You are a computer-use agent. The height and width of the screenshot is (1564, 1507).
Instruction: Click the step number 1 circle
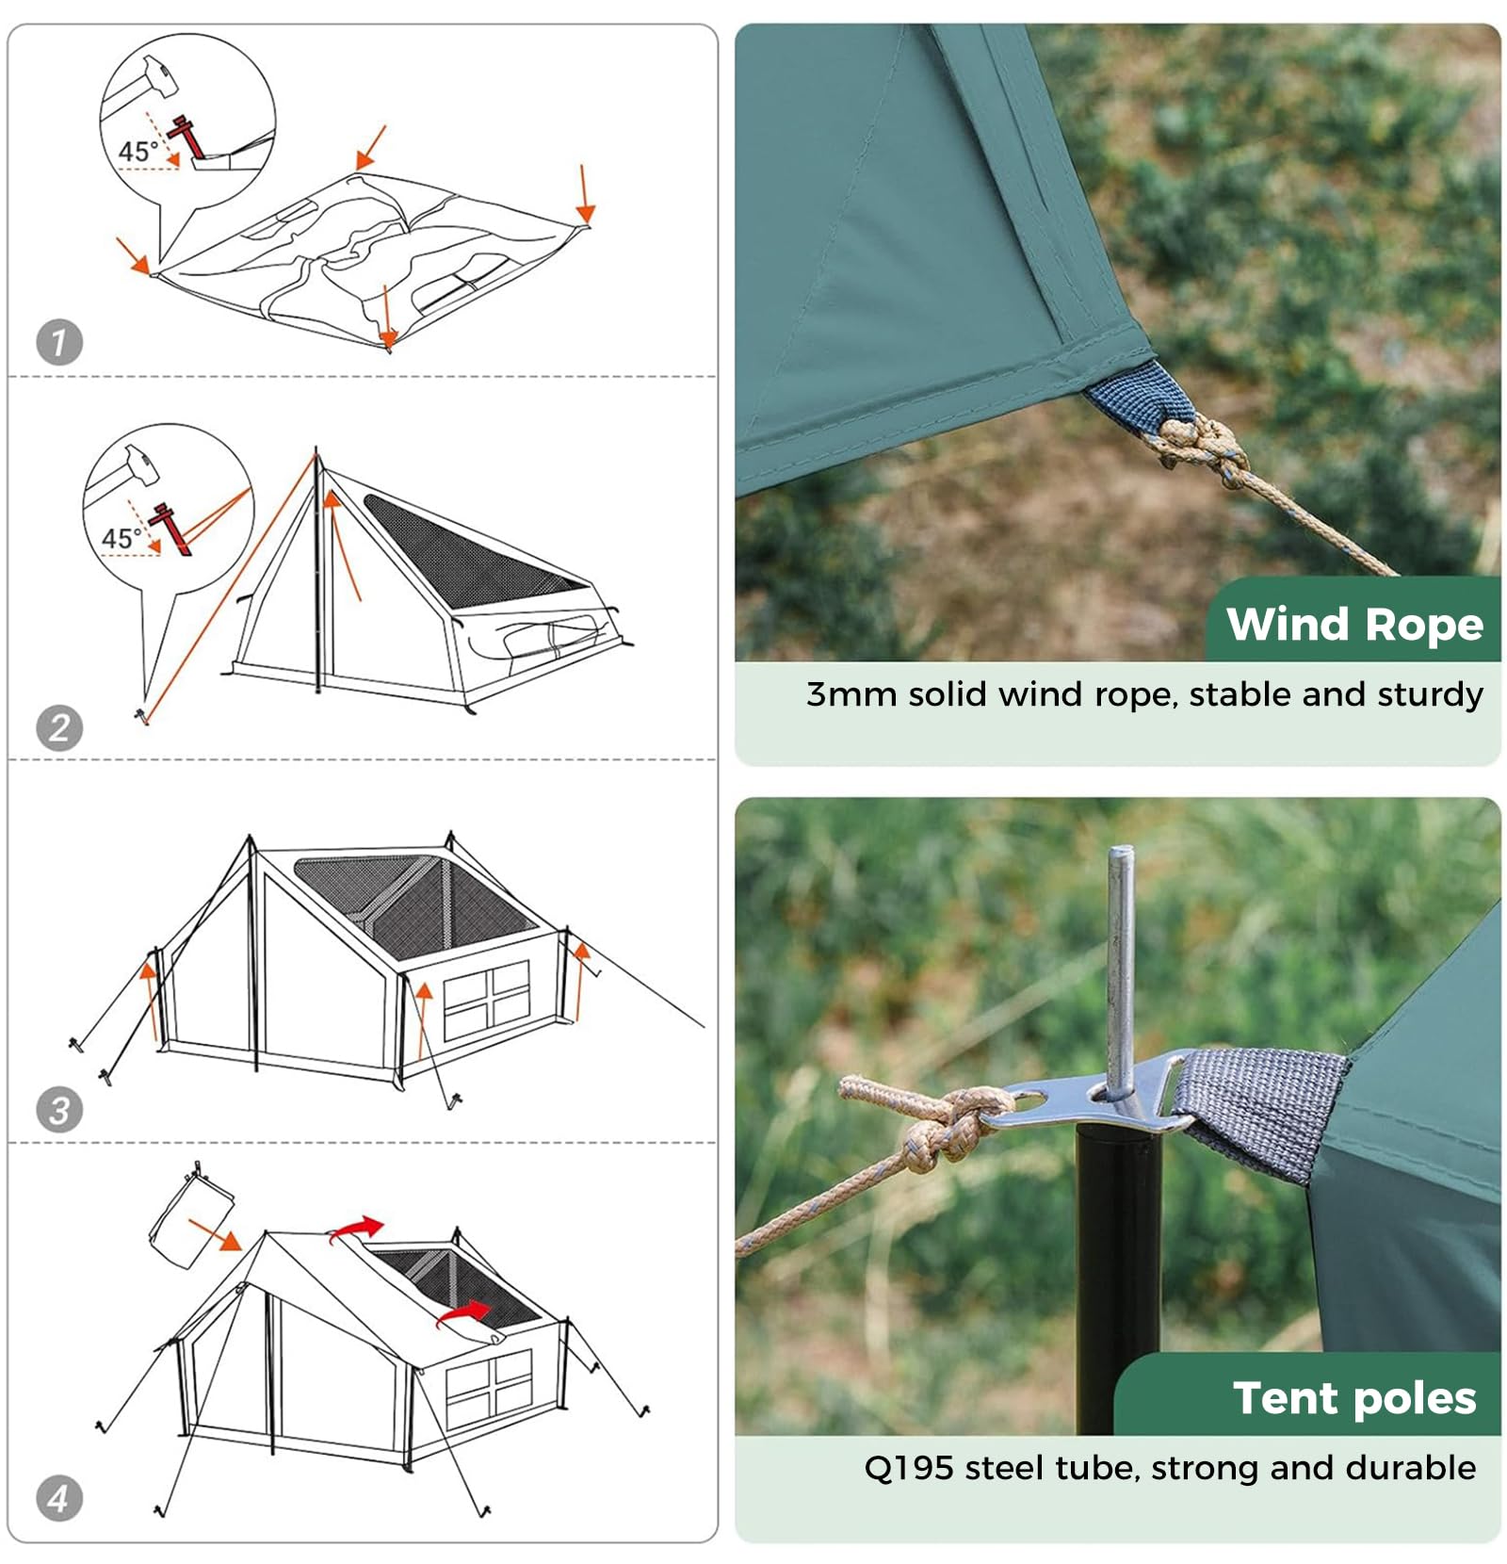tap(59, 342)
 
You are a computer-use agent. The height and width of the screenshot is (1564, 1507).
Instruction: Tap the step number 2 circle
tap(59, 728)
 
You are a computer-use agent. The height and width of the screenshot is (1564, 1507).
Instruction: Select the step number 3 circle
tap(59, 1110)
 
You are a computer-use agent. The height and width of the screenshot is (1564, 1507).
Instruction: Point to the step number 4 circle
tap(59, 1498)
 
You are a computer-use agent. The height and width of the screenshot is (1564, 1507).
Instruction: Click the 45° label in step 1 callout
tap(138, 151)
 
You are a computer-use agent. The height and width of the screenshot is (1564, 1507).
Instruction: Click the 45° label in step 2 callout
tap(122, 538)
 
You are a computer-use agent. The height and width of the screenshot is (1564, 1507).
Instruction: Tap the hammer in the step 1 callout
tap(151, 79)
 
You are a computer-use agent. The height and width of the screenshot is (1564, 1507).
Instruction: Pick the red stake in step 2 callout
tap(172, 529)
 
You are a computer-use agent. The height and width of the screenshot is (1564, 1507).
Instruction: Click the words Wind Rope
tap(1353, 624)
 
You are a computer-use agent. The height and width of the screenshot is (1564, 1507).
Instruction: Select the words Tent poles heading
tap(1353, 1397)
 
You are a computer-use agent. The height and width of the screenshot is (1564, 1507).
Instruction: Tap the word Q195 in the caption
tap(908, 1468)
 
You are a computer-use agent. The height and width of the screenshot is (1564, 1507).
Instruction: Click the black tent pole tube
tap(1118, 1281)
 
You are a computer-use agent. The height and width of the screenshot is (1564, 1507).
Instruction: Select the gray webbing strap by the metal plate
tap(1262, 1112)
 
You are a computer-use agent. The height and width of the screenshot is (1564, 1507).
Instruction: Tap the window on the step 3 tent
tap(487, 1000)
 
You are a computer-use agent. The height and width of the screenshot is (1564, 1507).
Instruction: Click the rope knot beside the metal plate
tap(947, 1126)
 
